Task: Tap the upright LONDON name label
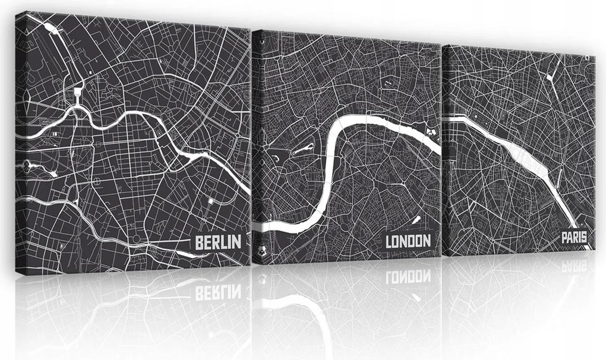(x=408, y=241)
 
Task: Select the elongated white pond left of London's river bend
(x=302, y=150)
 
